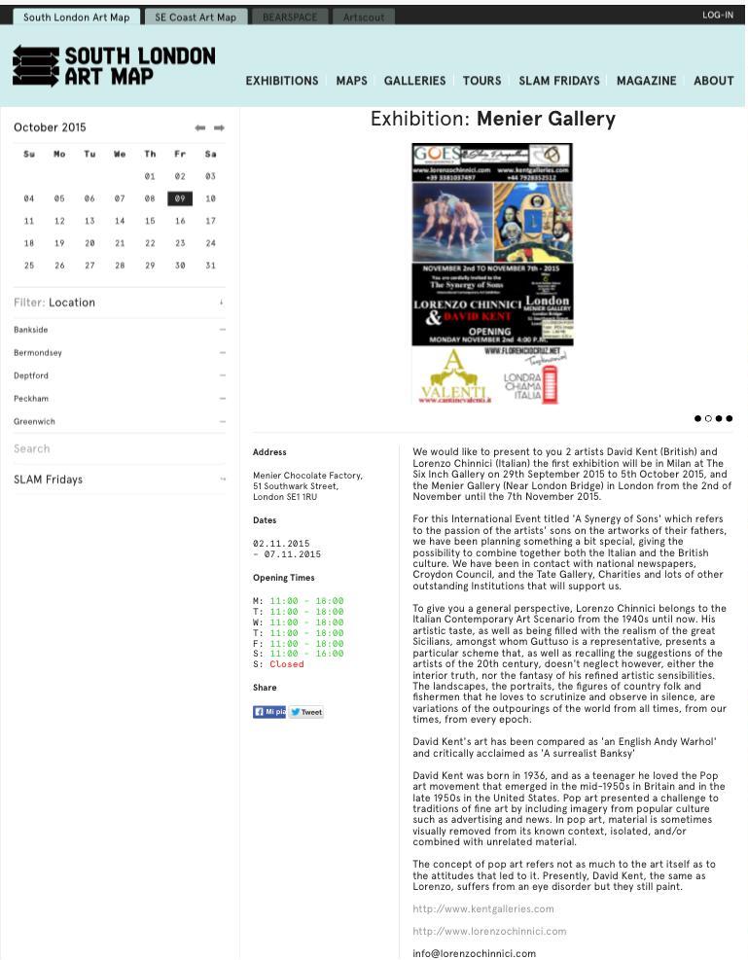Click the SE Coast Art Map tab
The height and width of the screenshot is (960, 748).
pos(196,17)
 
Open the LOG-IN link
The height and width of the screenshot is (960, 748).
pos(717,16)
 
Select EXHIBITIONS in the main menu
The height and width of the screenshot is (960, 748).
pos(282,81)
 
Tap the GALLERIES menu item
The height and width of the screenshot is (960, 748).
pos(414,81)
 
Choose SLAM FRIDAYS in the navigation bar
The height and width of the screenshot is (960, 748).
pos(558,81)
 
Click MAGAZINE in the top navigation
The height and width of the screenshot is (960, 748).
pos(646,81)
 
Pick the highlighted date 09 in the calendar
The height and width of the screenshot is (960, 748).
pos(180,198)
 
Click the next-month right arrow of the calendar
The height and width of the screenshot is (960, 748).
pos(219,127)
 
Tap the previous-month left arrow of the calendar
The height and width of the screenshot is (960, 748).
pos(199,127)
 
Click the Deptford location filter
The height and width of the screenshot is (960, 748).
pos(31,375)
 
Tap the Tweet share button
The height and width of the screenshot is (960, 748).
pos(306,712)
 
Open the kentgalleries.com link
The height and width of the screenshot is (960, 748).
pos(482,908)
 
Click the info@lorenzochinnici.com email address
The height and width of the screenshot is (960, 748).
pos(474,953)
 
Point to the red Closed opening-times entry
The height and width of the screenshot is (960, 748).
pos(287,664)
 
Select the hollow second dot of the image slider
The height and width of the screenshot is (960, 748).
pos(708,418)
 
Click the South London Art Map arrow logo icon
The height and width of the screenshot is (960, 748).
pos(36,66)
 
